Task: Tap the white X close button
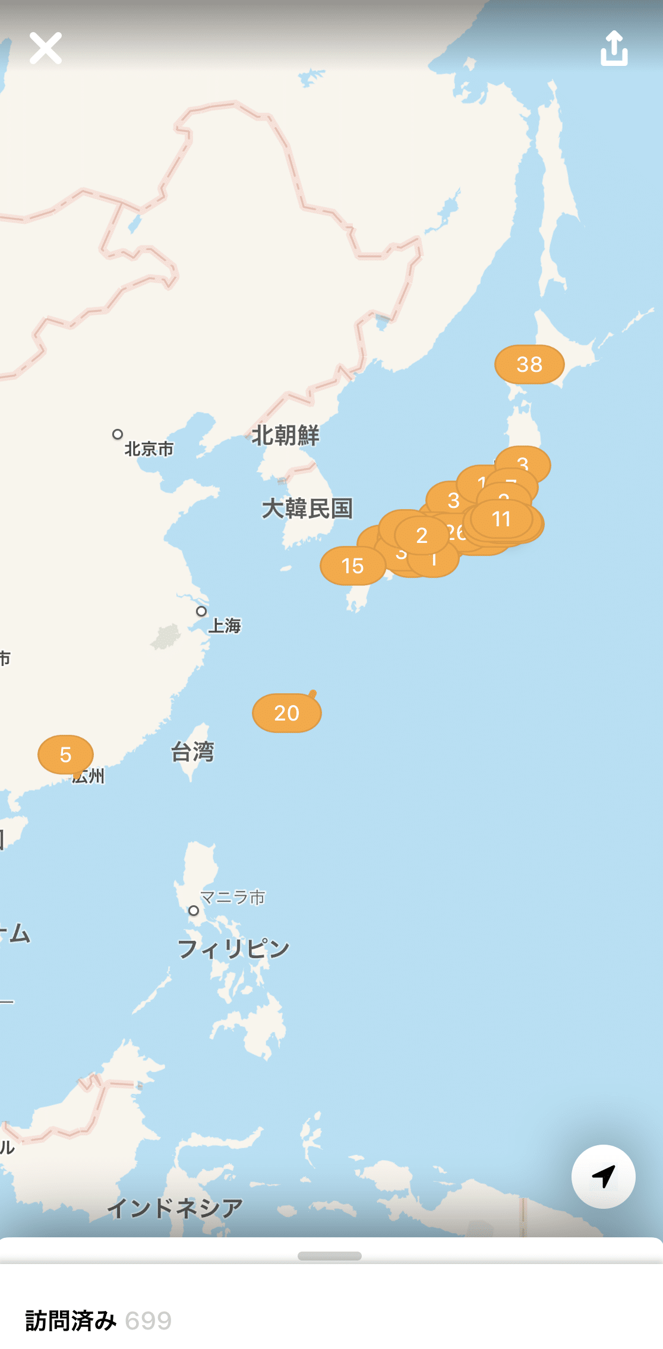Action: click(46, 48)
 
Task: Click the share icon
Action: click(614, 48)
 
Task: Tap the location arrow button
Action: click(603, 1176)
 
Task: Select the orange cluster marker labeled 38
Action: click(529, 364)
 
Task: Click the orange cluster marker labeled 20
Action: click(287, 713)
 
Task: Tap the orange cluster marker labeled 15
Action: click(352, 566)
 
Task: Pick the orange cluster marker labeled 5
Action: click(65, 754)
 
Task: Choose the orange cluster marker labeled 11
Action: click(501, 519)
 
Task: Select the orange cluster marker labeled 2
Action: click(422, 535)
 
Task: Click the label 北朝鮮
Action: click(286, 435)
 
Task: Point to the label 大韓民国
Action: click(307, 508)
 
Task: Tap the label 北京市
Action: click(149, 449)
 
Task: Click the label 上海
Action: click(225, 625)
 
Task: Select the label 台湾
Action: click(192, 752)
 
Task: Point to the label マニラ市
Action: click(232, 897)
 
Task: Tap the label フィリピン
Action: click(233, 949)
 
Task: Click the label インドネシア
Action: click(175, 1208)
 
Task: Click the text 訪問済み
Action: click(71, 1320)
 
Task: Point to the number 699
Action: click(149, 1320)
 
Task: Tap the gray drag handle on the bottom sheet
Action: click(330, 1256)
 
